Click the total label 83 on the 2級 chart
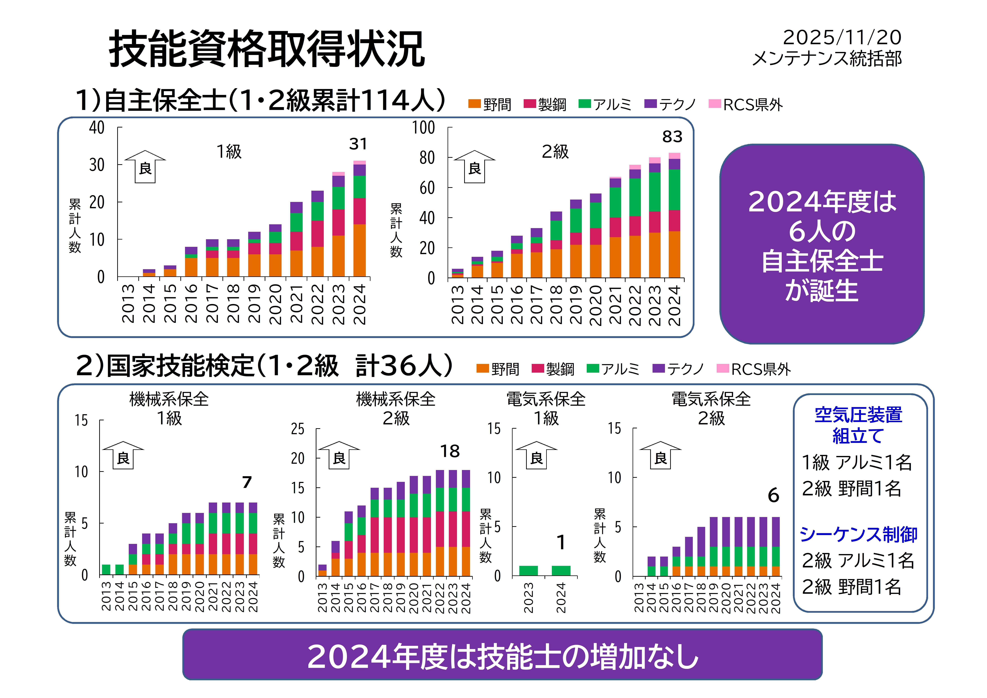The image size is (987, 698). pyautogui.click(x=672, y=137)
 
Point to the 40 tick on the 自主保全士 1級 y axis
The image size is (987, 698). pyautogui.click(x=97, y=128)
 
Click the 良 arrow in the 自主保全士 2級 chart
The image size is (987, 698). pyautogui.click(x=475, y=167)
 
